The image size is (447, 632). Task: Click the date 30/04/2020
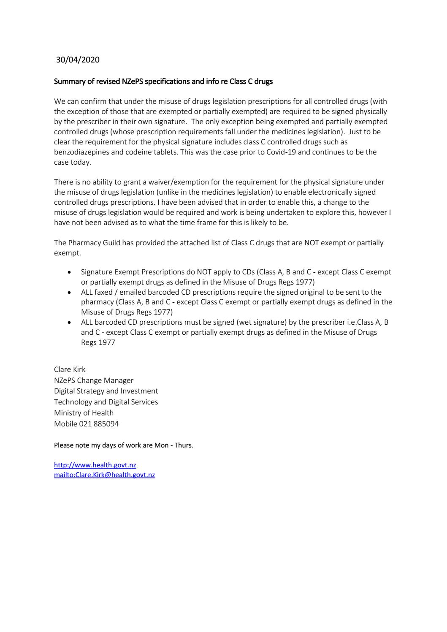click(x=78, y=60)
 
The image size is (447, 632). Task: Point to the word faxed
click(x=105, y=292)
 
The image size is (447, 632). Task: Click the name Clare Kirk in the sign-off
click(x=70, y=369)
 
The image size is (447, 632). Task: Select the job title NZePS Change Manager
click(x=94, y=380)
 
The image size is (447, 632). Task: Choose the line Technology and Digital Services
click(x=106, y=402)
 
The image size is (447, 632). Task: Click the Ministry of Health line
click(x=84, y=413)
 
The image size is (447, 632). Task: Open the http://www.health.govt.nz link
click(x=95, y=465)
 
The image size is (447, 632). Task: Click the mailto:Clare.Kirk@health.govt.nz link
click(x=104, y=475)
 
